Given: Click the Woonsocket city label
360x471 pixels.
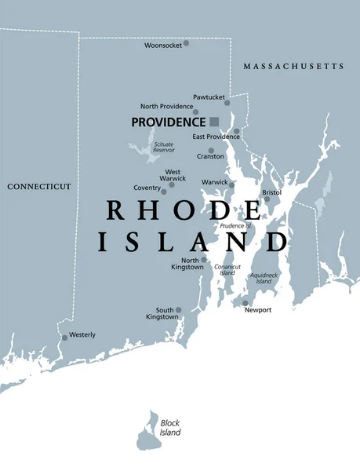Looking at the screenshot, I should pyautogui.click(x=162, y=46).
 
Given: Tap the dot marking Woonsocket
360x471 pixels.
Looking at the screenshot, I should pyautogui.click(x=186, y=42).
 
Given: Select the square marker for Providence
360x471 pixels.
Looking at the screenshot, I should pyautogui.click(x=214, y=122).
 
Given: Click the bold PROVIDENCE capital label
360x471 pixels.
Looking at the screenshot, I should pyautogui.click(x=167, y=122).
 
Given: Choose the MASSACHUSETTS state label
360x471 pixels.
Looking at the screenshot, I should pyautogui.click(x=293, y=67).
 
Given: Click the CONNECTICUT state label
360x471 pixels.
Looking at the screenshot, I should pyautogui.click(x=38, y=187).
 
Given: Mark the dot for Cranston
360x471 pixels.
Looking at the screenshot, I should pyautogui.click(x=210, y=151).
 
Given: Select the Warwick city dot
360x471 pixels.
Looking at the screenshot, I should pyautogui.click(x=231, y=185).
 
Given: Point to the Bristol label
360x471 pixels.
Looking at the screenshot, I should pyautogui.click(x=271, y=192).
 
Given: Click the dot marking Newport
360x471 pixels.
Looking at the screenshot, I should pyautogui.click(x=245, y=303).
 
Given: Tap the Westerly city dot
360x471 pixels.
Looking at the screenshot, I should pyautogui.click(x=65, y=338).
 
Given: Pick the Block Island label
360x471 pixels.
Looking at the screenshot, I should pyautogui.click(x=170, y=428).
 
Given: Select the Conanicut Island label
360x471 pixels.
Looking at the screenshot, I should pyautogui.click(x=227, y=269).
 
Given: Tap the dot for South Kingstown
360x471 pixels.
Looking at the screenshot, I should pyautogui.click(x=178, y=310).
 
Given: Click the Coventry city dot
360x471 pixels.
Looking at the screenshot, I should pyautogui.click(x=164, y=191).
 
